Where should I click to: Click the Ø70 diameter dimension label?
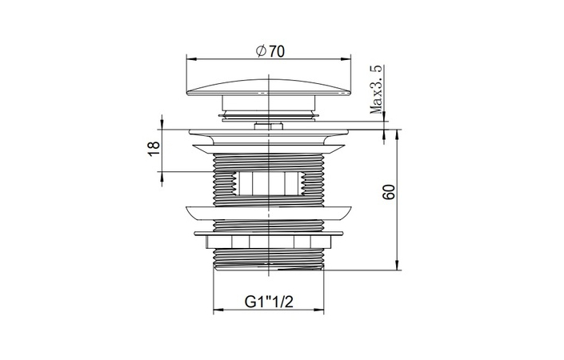point(270,51)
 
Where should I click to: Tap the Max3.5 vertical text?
point(377,90)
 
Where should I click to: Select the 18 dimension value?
point(154,149)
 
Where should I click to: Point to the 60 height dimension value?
point(389,192)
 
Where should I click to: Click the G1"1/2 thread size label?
point(269,302)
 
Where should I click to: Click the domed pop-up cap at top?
point(269,87)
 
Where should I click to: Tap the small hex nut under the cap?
point(269,126)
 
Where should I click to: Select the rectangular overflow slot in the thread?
point(269,183)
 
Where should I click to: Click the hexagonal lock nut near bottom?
point(269,241)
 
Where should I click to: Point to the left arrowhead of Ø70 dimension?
point(190,59)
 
